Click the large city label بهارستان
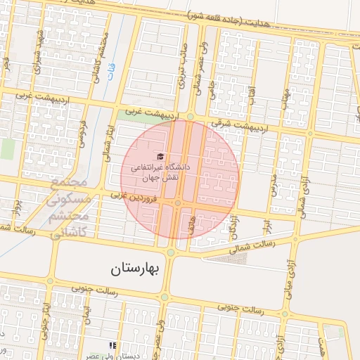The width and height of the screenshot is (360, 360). coord(136,269)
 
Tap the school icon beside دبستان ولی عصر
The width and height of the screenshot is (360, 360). coord(111,345)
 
